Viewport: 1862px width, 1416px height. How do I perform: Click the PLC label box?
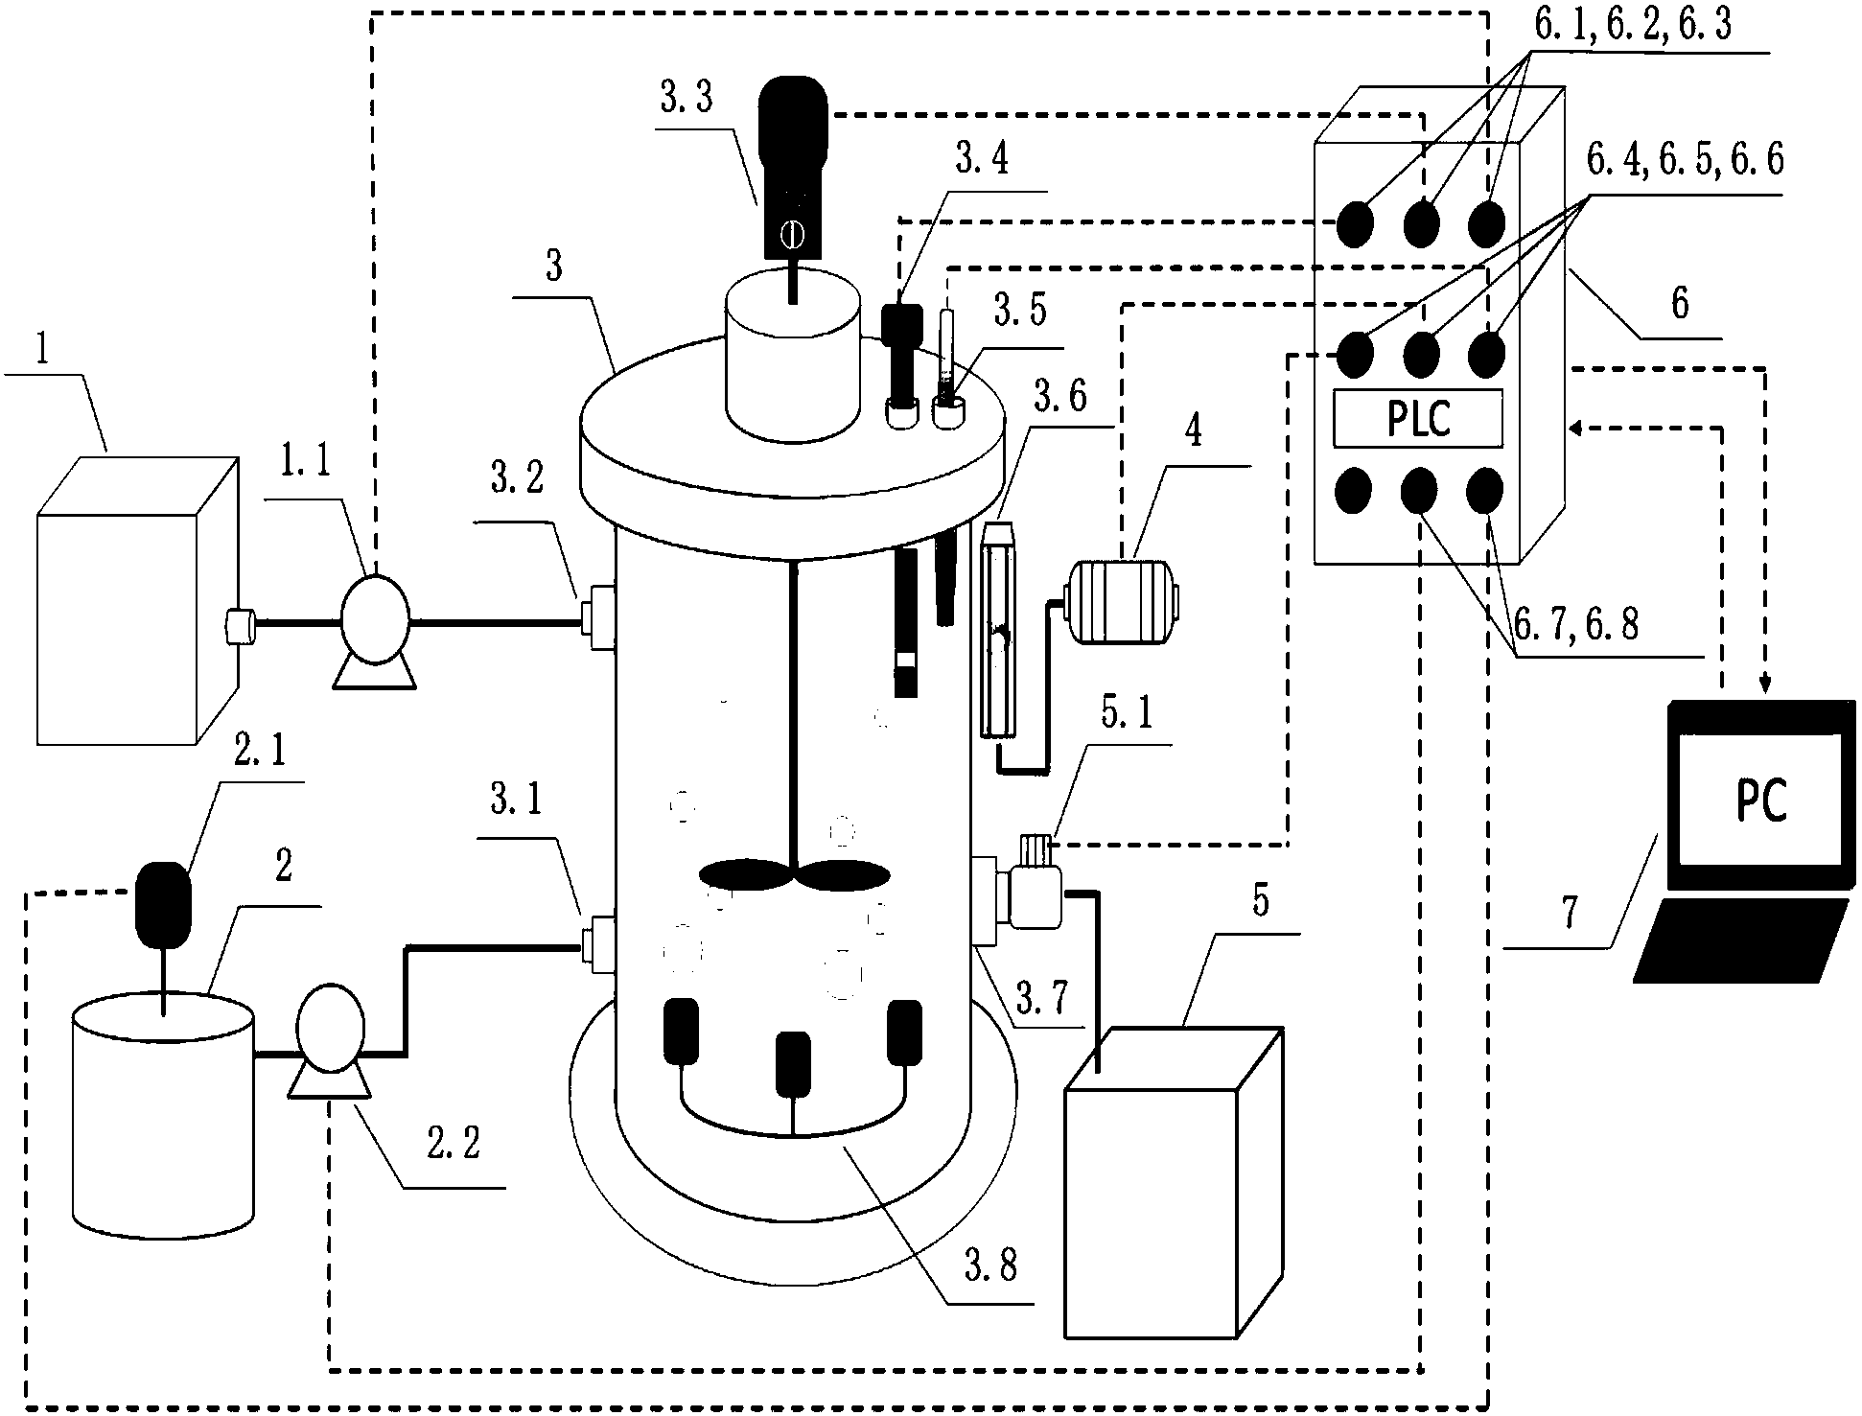[x=1418, y=419]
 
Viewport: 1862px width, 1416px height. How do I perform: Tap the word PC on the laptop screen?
[x=1762, y=799]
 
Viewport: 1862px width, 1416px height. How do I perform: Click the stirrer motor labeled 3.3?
[x=793, y=169]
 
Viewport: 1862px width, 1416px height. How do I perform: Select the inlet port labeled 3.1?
[x=597, y=945]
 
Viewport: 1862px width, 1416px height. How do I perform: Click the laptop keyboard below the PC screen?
[x=1741, y=940]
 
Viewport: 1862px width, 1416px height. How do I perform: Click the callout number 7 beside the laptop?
[x=1568, y=913]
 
